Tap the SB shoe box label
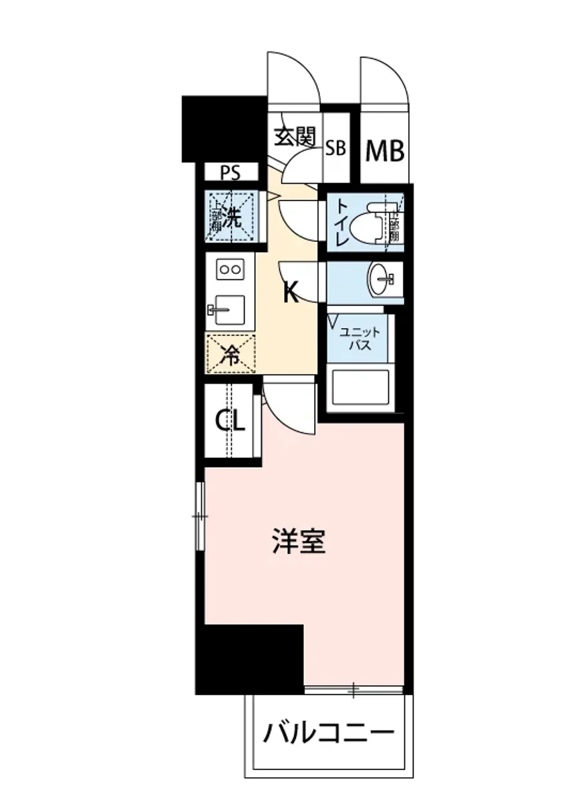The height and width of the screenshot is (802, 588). click(335, 148)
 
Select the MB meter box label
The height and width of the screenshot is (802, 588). click(385, 151)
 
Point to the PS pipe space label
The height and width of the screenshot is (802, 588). click(231, 173)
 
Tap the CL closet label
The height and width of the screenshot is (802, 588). click(230, 421)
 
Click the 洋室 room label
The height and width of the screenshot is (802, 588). click(299, 542)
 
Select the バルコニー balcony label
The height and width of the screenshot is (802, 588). click(328, 735)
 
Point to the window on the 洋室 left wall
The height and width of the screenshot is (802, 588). click(200, 516)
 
